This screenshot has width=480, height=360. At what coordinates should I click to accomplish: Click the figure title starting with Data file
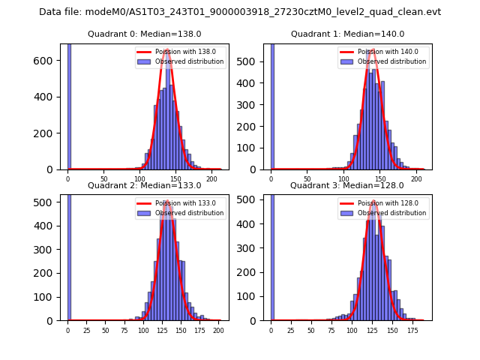(x=240, y=12)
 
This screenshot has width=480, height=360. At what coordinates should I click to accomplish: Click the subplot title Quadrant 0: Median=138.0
(x=145, y=34)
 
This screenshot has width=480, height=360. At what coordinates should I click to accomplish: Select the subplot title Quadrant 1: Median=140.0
(x=347, y=34)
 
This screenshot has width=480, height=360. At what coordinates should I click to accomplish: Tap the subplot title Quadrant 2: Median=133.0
(x=145, y=185)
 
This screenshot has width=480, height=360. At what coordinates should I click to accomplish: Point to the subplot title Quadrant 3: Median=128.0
(x=347, y=185)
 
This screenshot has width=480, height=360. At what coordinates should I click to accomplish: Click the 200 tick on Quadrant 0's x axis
(x=212, y=180)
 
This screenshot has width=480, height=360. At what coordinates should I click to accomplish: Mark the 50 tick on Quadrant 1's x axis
(x=307, y=180)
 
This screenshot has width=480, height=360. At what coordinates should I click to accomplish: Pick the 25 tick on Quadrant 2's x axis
(x=86, y=331)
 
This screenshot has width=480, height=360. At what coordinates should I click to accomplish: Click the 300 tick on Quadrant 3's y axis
(x=250, y=247)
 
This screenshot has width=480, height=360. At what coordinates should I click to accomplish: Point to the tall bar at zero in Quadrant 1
(x=271, y=105)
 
